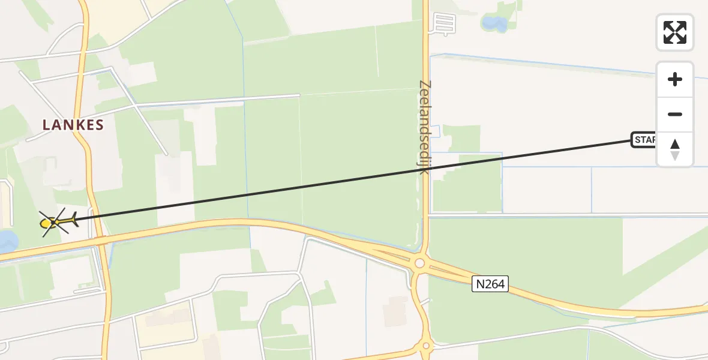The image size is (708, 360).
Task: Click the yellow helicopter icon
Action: [x=56, y=223]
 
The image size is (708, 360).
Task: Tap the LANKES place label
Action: [x=73, y=125]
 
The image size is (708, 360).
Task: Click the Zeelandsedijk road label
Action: [x=425, y=127]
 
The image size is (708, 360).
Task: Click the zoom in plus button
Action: [x=675, y=79]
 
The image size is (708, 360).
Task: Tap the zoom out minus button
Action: [x=675, y=115]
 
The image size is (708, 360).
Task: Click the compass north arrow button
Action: [x=675, y=149]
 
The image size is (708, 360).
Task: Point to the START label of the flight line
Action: [x=644, y=140]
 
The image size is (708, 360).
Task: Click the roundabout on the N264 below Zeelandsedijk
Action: [x=419, y=263]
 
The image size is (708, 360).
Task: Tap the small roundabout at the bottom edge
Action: [x=425, y=346]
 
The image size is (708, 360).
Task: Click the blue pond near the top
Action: [x=494, y=24]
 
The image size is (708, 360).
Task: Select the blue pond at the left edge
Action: [x=7, y=241]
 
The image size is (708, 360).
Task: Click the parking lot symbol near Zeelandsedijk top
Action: [x=445, y=23]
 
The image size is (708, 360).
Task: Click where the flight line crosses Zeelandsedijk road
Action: [x=425, y=170]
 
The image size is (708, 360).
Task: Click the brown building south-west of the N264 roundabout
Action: [x=394, y=311]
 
